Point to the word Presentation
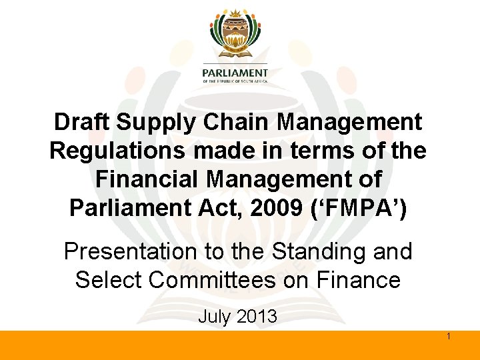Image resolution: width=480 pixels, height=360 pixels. pyautogui.click(x=125, y=252)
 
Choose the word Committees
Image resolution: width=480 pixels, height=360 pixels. pyautogui.click(x=212, y=280)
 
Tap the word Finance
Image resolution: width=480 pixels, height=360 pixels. pyautogui.click(x=359, y=280)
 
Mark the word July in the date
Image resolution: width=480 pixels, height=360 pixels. pyautogui.click(x=213, y=316)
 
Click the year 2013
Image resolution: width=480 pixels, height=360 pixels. pyautogui.click(x=256, y=316)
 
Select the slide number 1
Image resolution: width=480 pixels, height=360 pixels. pyautogui.click(x=449, y=337)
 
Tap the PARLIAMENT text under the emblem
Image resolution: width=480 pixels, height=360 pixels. pyautogui.click(x=235, y=73)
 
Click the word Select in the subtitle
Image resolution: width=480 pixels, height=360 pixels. pyautogui.click(x=109, y=280)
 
